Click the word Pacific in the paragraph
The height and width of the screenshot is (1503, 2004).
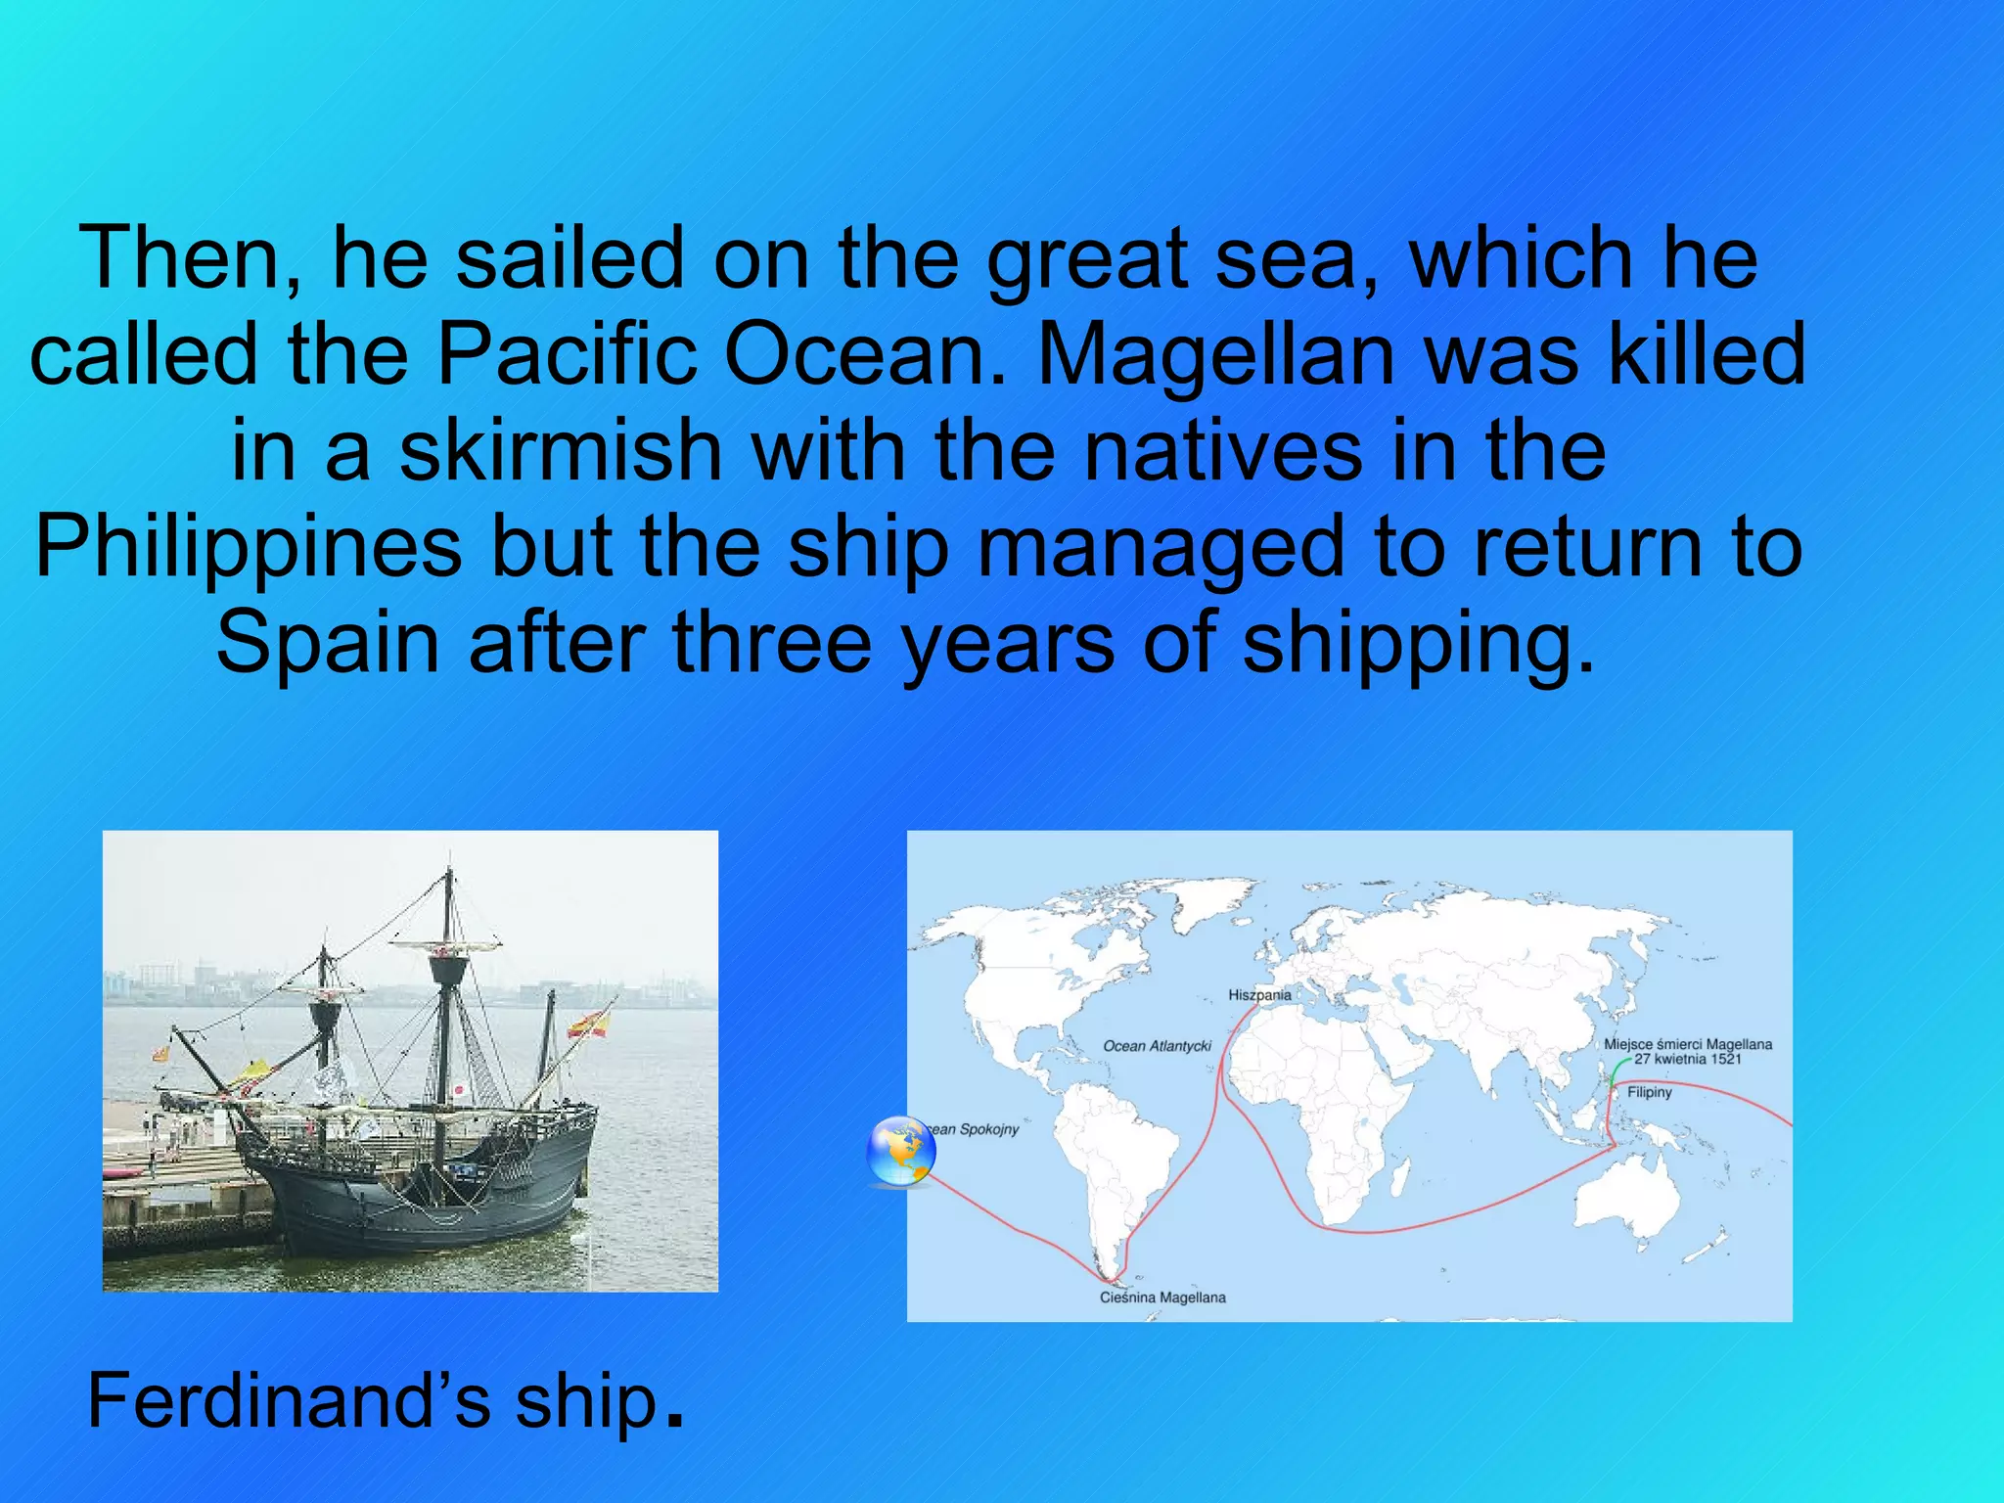pyautogui.click(x=567, y=354)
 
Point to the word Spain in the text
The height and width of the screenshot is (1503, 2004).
pyautogui.click(x=328, y=643)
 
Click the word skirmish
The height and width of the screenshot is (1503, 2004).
pyautogui.click(x=561, y=450)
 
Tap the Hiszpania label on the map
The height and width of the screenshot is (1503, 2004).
pyautogui.click(x=1259, y=995)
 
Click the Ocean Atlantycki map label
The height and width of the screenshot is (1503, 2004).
pyautogui.click(x=1157, y=1046)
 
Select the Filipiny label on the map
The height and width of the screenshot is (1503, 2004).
pyautogui.click(x=1649, y=1092)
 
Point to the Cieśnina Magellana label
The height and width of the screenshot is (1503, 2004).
pyautogui.click(x=1162, y=1298)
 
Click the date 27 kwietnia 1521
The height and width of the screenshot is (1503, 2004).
pyautogui.click(x=1688, y=1059)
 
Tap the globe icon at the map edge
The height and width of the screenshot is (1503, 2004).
pyautogui.click(x=901, y=1152)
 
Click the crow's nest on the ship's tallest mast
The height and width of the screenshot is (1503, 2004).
pyautogui.click(x=448, y=969)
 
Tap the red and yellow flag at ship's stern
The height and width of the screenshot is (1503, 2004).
pyautogui.click(x=588, y=1024)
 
